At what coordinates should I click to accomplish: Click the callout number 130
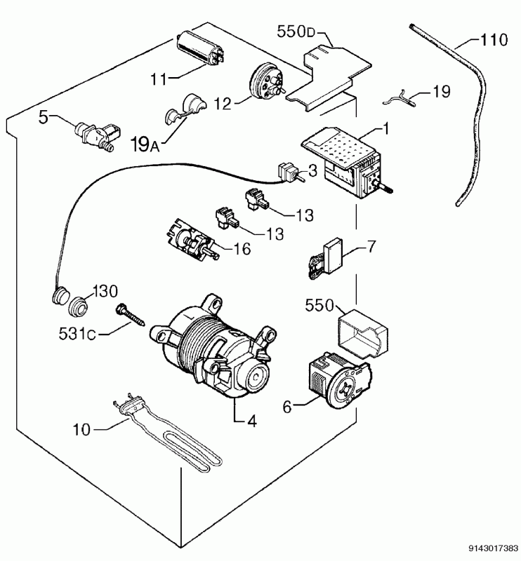pyautogui.click(x=107, y=290)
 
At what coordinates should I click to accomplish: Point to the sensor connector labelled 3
pyautogui.click(x=288, y=170)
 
